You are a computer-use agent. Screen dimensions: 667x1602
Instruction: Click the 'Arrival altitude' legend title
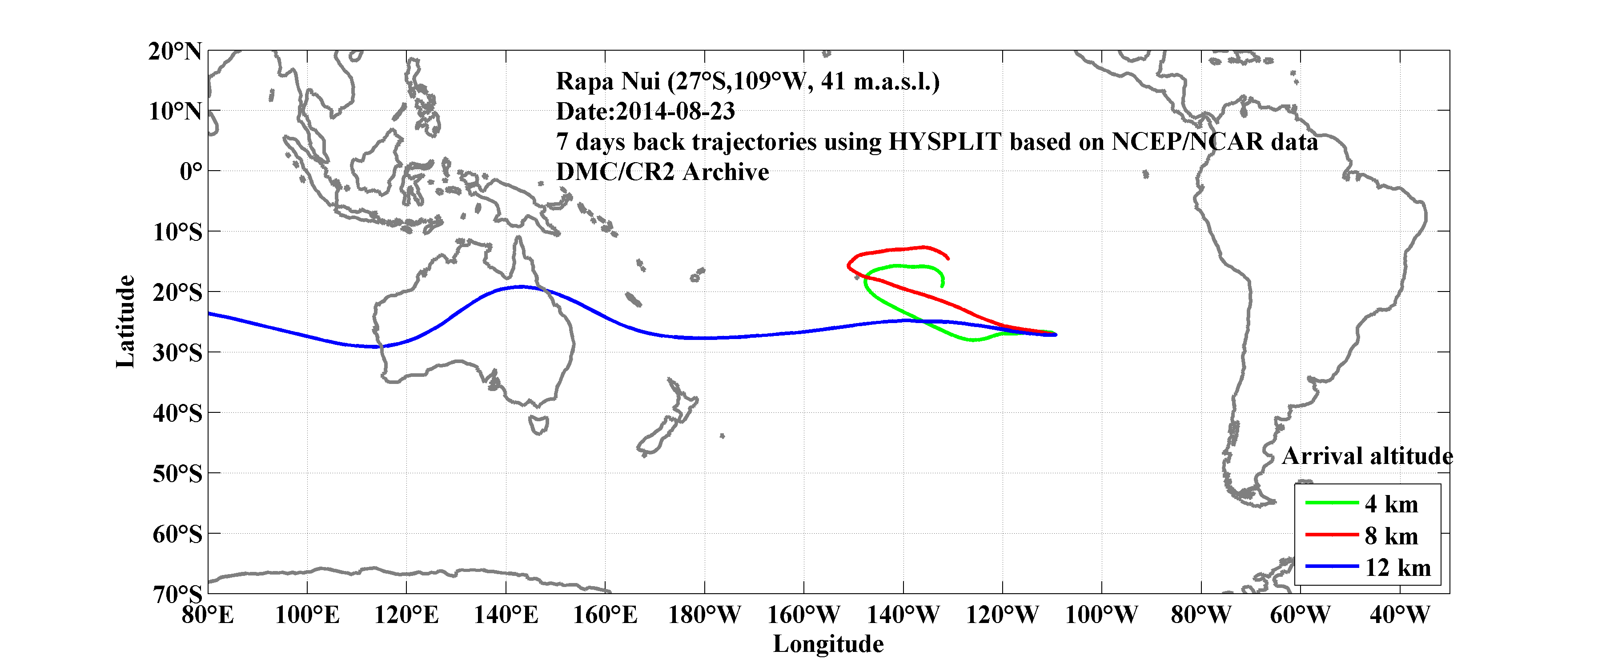[x=1367, y=456]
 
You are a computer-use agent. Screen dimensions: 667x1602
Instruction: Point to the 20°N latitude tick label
[x=175, y=51]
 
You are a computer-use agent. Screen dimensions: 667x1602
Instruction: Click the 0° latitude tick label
[x=191, y=171]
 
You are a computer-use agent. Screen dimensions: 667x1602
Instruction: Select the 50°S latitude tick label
[x=177, y=474]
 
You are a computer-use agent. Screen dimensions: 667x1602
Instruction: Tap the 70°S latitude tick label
[x=177, y=594]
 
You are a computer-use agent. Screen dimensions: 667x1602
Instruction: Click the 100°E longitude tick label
[x=307, y=615]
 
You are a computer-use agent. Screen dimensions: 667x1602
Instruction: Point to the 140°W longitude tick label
[x=903, y=615]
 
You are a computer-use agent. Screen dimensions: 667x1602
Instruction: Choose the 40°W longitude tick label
[x=1399, y=615]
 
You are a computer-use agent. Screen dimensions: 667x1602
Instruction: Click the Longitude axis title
[x=828, y=644]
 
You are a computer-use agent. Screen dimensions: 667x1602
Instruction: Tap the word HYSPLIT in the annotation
[x=945, y=142]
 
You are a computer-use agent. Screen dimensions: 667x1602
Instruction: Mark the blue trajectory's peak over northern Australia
[x=521, y=287]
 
